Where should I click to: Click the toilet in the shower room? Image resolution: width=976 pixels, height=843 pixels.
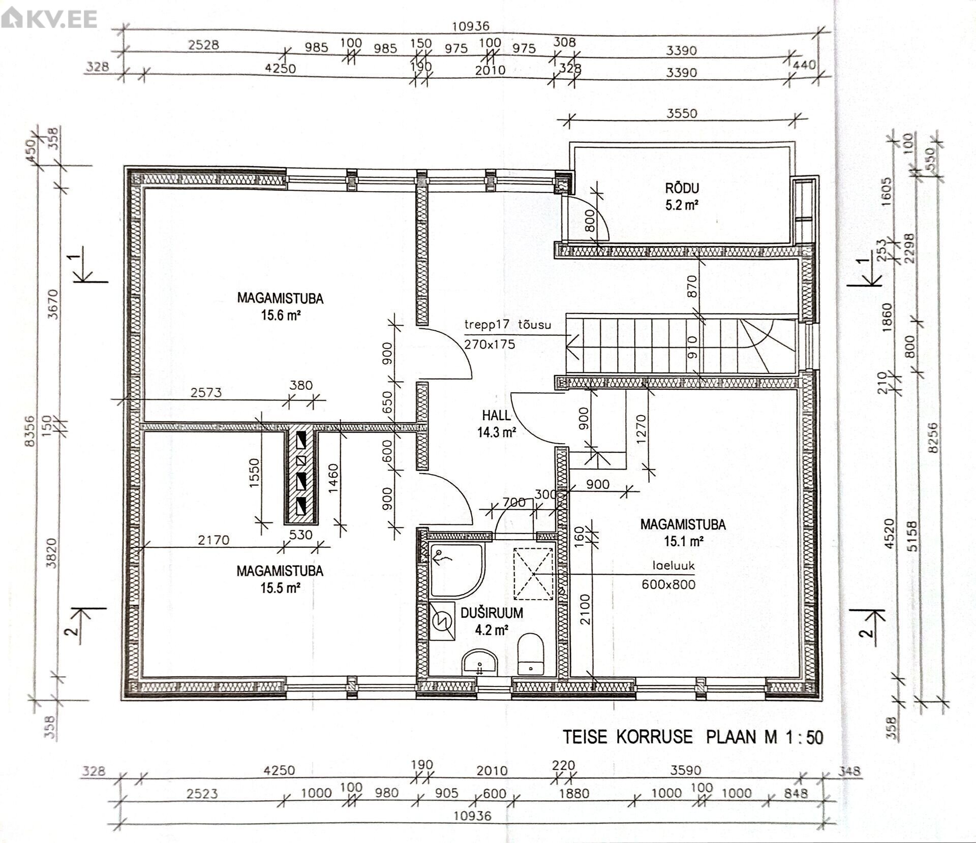531,653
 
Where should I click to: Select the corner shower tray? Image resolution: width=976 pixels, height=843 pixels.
456,571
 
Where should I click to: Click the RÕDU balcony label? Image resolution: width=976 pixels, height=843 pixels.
682,188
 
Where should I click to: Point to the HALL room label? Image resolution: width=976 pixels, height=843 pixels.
496,415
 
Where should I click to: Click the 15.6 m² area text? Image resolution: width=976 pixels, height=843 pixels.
281,315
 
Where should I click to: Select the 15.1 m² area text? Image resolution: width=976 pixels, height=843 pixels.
684,541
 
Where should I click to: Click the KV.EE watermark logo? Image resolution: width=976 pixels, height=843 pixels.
49,19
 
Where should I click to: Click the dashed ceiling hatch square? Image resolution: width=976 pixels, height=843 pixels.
533,574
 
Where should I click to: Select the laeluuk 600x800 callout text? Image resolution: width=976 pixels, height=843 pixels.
669,575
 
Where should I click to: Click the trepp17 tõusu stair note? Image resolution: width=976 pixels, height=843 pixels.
507,325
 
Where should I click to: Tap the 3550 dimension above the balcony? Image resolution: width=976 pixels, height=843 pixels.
682,113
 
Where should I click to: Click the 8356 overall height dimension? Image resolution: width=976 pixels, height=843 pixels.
31,430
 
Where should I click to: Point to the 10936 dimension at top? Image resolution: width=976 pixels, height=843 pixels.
471,26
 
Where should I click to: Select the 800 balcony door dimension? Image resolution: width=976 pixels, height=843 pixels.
590,221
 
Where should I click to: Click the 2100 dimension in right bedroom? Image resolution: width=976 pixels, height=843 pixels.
585,609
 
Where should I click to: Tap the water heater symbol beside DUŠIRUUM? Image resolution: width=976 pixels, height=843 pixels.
442,621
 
